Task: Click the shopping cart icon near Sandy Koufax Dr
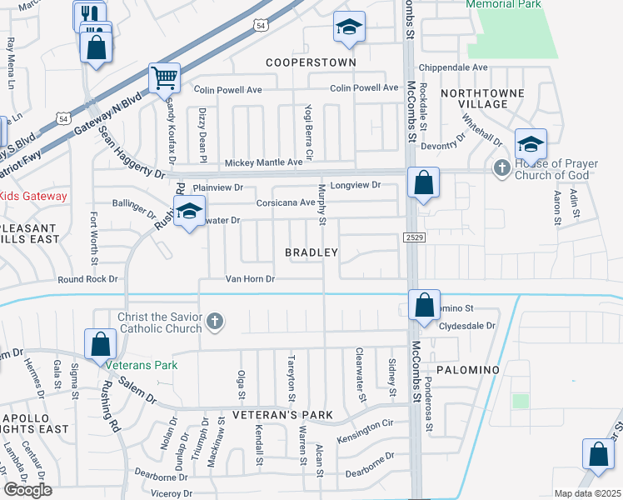164,78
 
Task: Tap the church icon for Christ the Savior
215,322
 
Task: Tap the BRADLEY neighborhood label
311,252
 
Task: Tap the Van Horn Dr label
250,279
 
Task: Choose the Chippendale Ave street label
454,67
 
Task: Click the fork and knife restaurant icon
89,14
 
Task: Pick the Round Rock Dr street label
87,279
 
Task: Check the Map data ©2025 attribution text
587,493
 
